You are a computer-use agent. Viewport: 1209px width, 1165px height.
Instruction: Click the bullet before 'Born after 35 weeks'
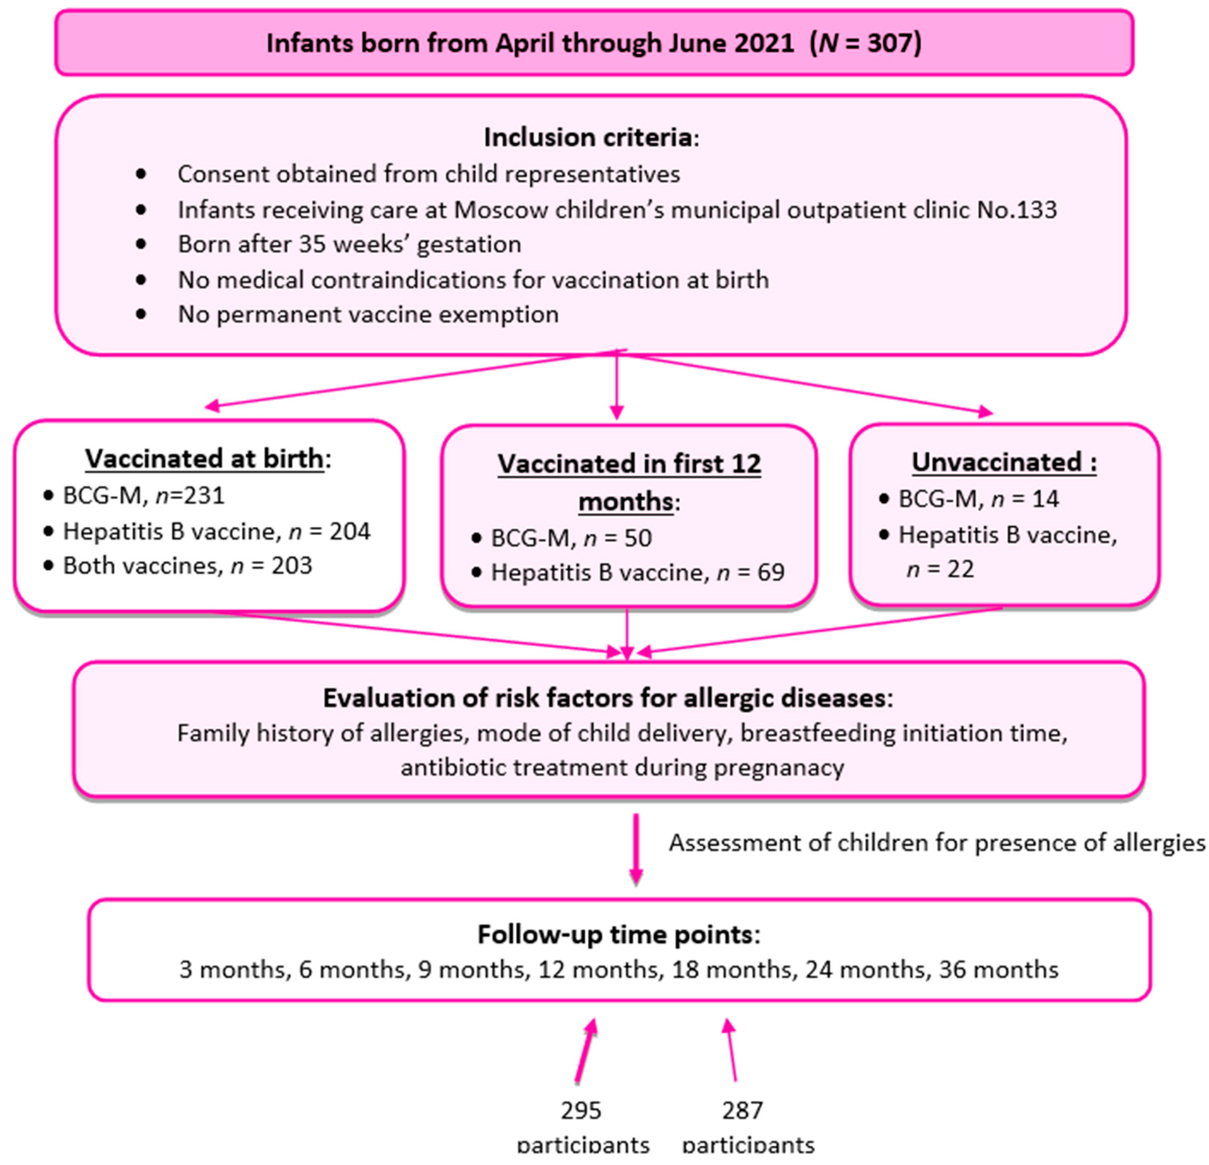[141, 244]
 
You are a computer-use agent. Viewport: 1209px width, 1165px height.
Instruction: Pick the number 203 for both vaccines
[292, 566]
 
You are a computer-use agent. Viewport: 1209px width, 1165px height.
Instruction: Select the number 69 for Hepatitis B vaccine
[771, 572]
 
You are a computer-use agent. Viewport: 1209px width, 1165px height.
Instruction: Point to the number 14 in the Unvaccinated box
[1046, 498]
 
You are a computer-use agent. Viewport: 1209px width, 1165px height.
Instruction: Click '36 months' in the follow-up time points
[998, 970]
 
